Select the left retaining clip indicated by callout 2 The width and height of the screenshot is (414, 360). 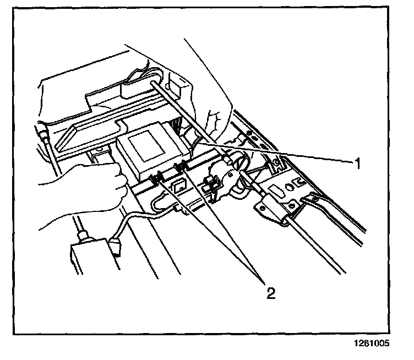tap(156, 178)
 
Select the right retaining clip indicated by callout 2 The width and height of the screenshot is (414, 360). tap(179, 168)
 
